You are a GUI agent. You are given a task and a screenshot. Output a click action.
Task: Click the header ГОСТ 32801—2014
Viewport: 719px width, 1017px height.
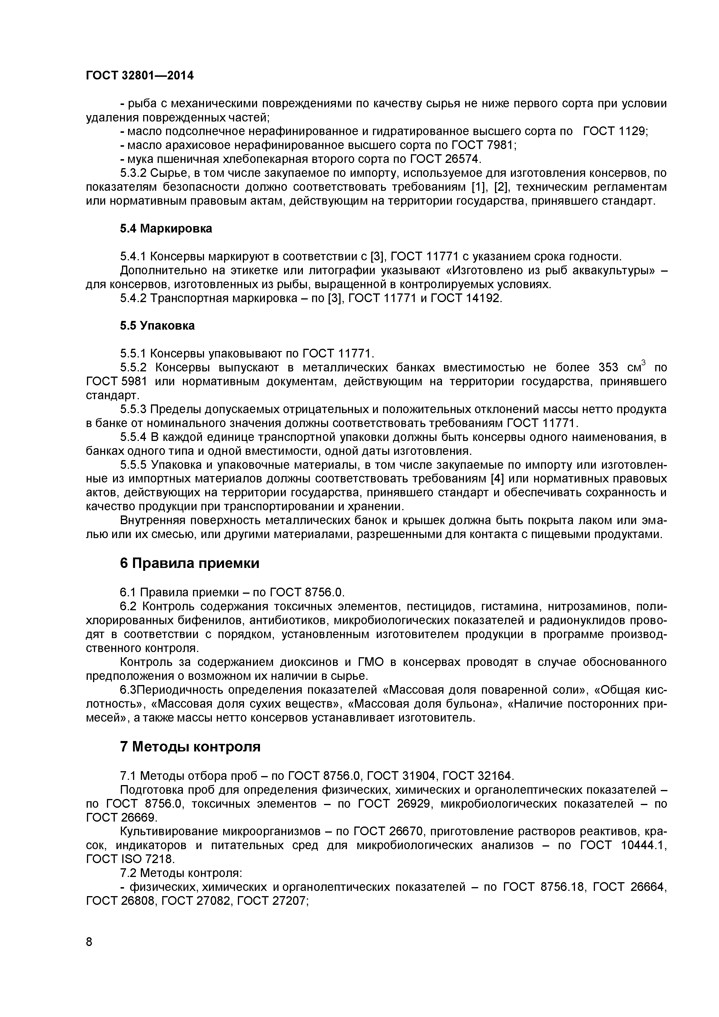tap(139, 76)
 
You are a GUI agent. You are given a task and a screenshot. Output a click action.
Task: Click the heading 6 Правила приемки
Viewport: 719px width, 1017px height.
tap(190, 563)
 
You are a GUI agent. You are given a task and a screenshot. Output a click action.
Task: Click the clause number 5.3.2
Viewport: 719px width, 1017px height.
tap(133, 173)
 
